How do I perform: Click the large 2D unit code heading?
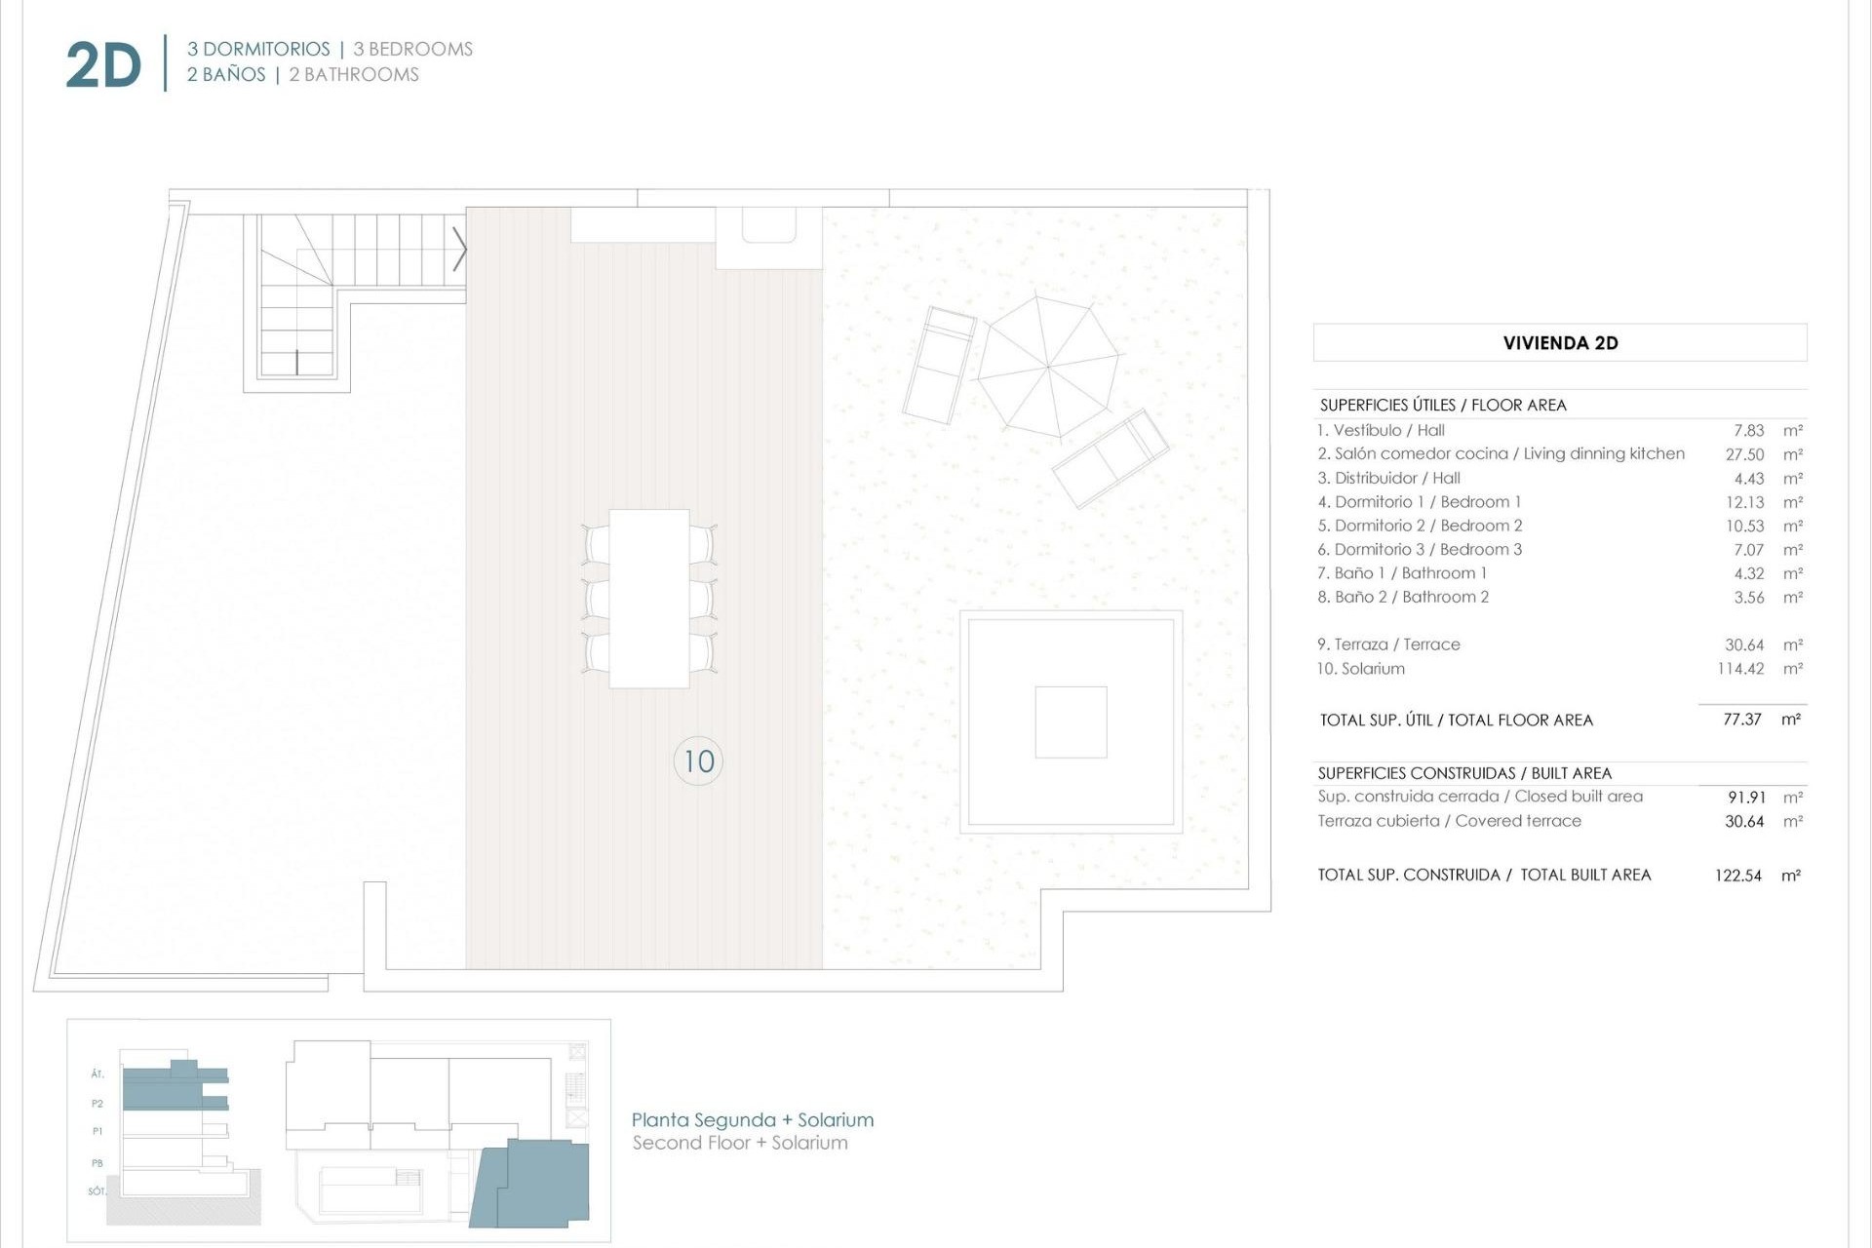pyautogui.click(x=103, y=66)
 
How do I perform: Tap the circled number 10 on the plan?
pyautogui.click(x=698, y=761)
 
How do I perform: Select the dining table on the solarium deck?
pyautogui.click(x=649, y=599)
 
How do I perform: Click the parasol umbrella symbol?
pyautogui.click(x=1048, y=368)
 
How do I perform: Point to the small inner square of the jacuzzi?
pyautogui.click(x=1071, y=721)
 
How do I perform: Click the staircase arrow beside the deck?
pyautogui.click(x=459, y=250)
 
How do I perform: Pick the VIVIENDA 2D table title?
pyautogui.click(x=1560, y=343)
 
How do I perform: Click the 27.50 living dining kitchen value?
pyautogui.click(x=1744, y=454)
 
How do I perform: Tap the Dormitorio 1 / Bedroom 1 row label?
pyautogui.click(x=1419, y=502)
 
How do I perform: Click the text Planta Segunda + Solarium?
pyautogui.click(x=752, y=1120)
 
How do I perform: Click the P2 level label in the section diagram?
pyautogui.click(x=97, y=1104)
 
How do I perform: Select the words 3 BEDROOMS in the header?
pyautogui.click(x=412, y=49)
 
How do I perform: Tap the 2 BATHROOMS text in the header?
pyautogui.click(x=353, y=75)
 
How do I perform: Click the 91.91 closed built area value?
pyautogui.click(x=1746, y=798)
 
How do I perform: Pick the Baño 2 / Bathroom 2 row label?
pyautogui.click(x=1403, y=597)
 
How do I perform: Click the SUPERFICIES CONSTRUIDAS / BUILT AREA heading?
pyautogui.click(x=1464, y=773)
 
